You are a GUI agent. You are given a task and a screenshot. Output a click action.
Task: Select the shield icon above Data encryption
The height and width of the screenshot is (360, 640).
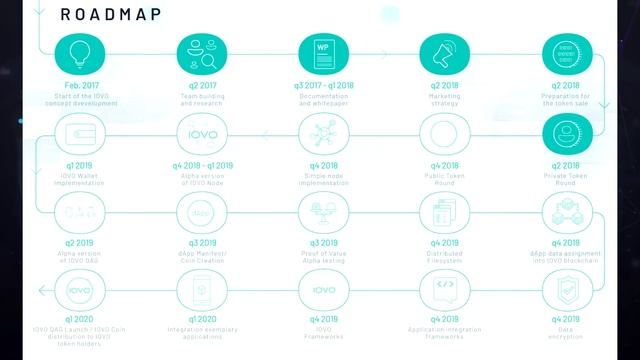pos(563,290)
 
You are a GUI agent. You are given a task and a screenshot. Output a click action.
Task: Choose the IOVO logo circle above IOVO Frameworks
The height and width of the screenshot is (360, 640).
pos(321,290)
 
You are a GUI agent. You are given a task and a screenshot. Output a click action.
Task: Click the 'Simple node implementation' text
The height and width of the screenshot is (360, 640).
pos(321,178)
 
